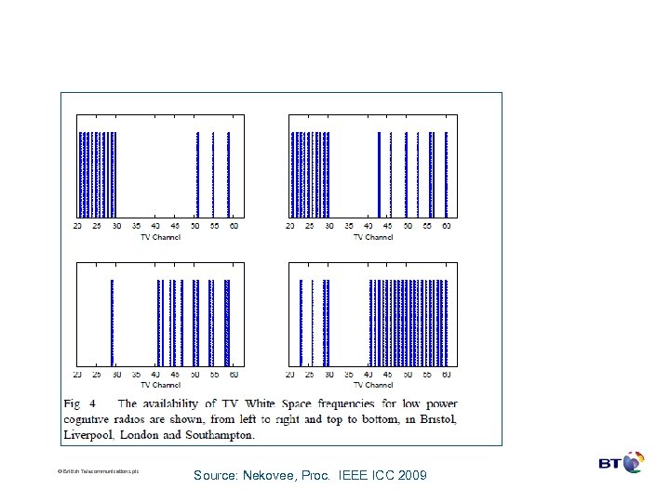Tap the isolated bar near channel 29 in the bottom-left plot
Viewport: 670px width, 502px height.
112,322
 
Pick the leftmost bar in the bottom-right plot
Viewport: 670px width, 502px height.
301,322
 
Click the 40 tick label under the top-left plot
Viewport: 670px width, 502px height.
155,226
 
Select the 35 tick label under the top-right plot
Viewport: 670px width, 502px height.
349,226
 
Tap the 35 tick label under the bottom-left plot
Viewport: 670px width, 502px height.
136,375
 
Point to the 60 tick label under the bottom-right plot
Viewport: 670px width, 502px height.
447,375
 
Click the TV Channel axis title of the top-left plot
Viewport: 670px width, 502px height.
161,236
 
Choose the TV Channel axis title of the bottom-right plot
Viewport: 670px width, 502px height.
373,384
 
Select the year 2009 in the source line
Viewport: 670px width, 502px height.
409,475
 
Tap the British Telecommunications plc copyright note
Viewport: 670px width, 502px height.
98,471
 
